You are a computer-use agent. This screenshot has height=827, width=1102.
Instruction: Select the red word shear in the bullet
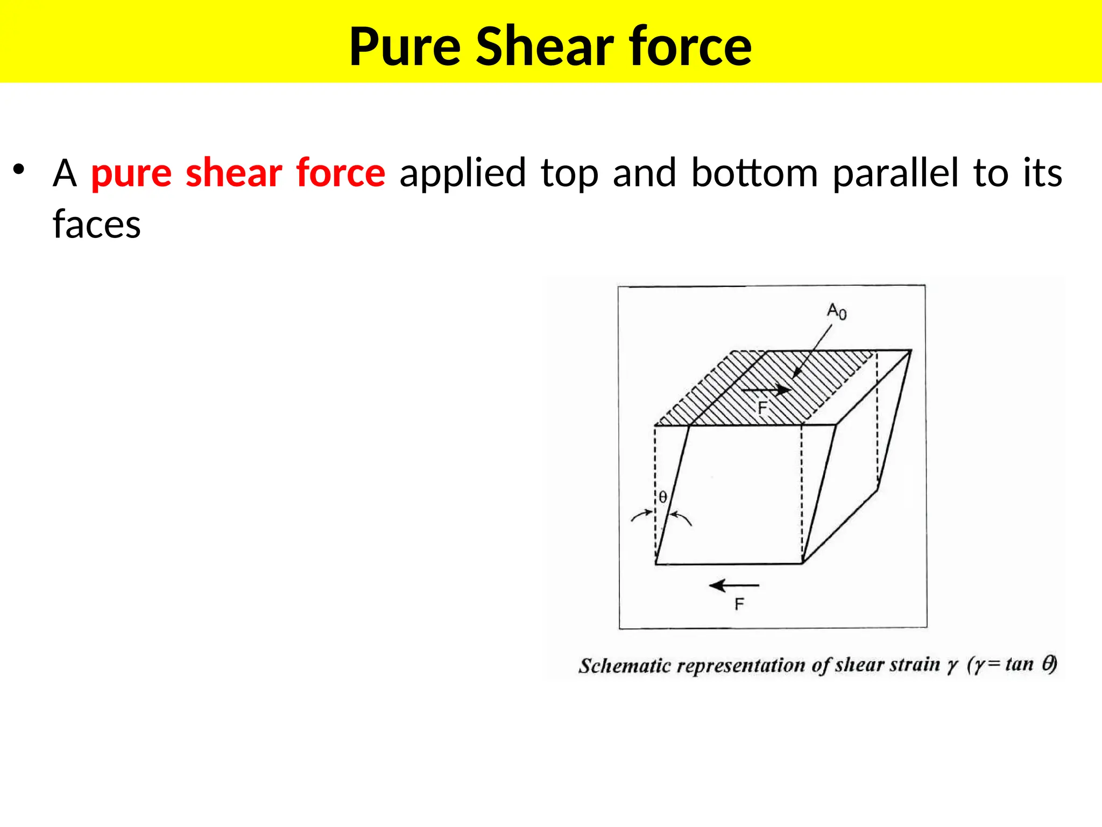(x=234, y=173)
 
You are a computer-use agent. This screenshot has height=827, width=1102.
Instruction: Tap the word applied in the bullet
(x=462, y=173)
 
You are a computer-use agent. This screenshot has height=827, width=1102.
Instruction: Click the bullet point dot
(x=19, y=169)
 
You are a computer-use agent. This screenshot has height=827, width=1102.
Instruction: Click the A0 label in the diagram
(x=837, y=311)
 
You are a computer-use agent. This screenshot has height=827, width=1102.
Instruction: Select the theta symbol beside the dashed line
(x=663, y=497)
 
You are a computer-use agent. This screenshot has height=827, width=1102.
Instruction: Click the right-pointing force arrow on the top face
(x=766, y=389)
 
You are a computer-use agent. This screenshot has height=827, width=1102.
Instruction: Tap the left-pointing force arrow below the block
(x=734, y=585)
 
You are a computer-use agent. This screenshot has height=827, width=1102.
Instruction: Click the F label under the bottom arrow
(x=739, y=604)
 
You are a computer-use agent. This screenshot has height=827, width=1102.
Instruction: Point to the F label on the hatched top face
(x=762, y=408)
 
